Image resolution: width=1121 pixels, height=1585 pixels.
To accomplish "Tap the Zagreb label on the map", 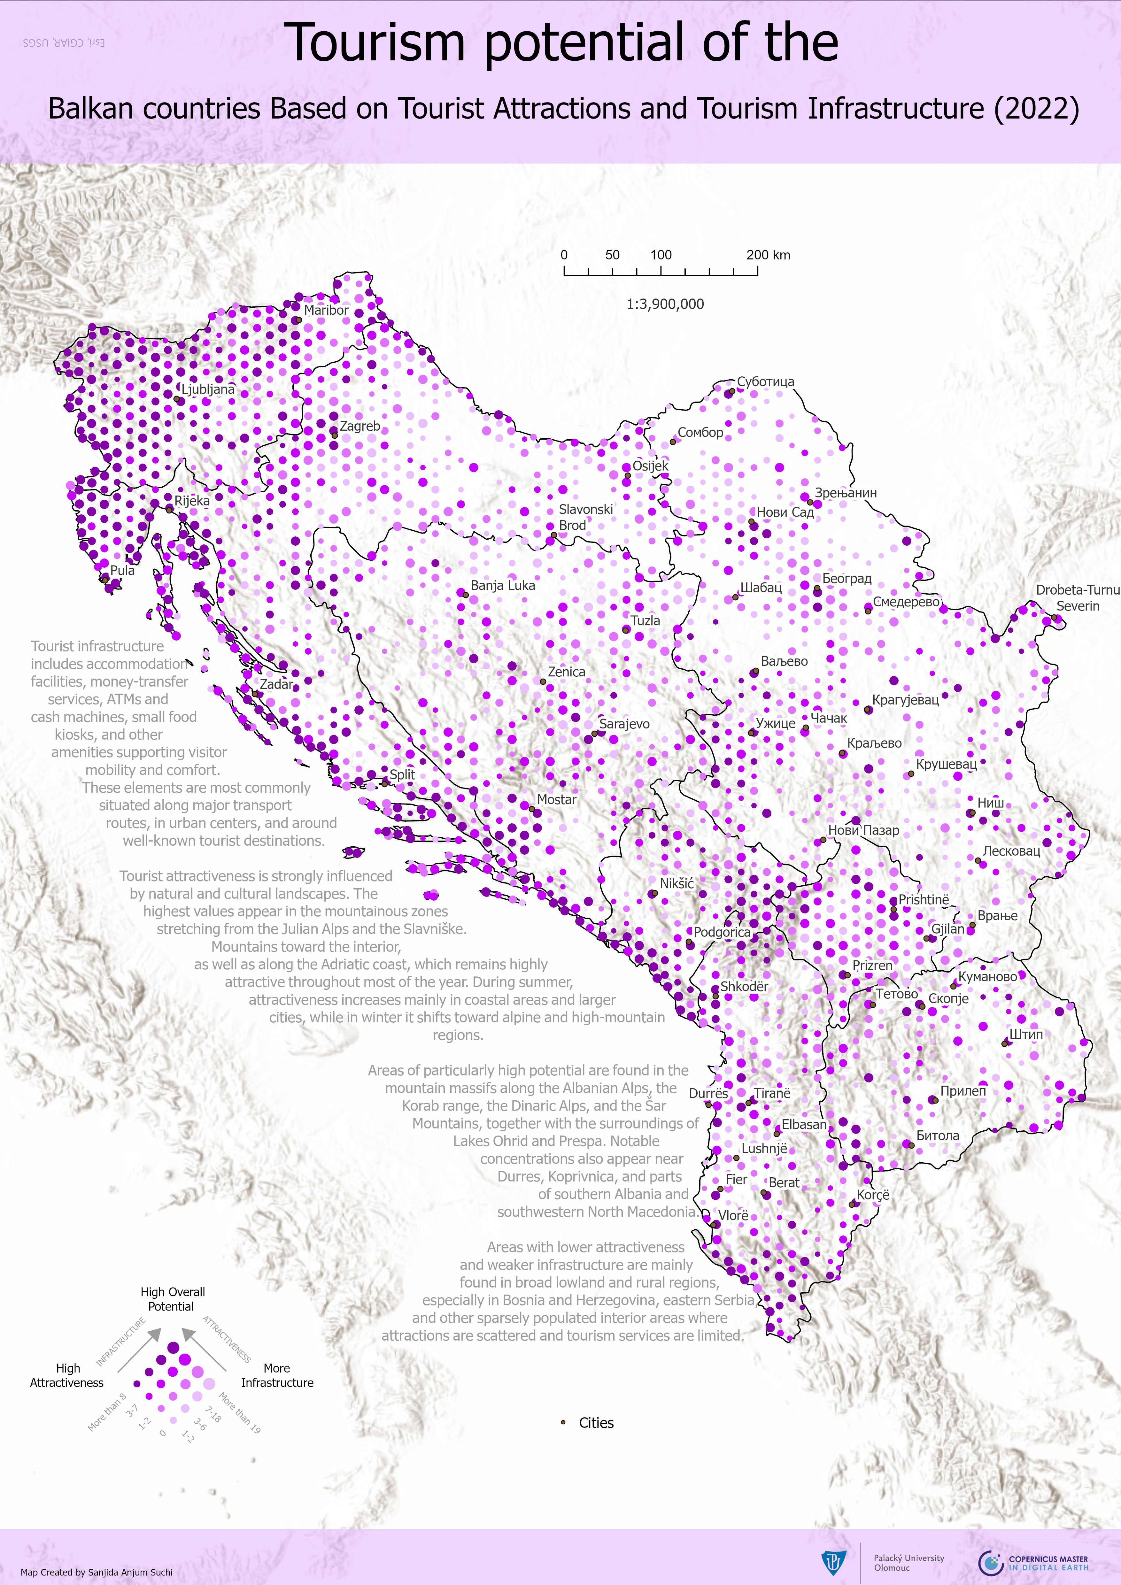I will click(359, 426).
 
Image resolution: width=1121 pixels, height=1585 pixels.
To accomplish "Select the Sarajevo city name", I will click(624, 723).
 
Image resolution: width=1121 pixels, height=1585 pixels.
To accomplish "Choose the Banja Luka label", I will click(503, 585).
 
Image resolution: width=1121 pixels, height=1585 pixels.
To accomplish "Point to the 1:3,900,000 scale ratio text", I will click(665, 304).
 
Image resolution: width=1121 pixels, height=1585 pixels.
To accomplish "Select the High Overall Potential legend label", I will click(173, 1298).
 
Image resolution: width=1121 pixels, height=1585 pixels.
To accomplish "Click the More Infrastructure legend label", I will click(277, 1375).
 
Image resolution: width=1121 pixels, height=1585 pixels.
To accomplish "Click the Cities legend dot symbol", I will click(563, 1422).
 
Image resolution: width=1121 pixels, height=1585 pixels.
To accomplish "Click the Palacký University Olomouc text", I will click(908, 1562).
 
